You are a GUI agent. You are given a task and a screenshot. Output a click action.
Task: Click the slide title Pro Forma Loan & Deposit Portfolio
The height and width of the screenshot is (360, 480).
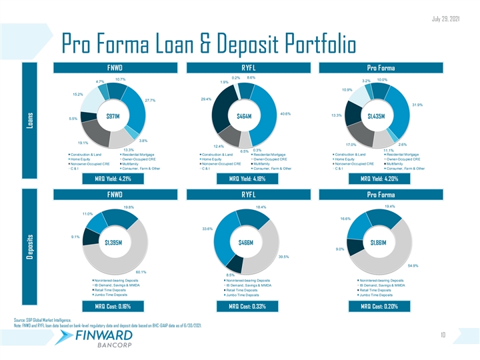click(x=207, y=43)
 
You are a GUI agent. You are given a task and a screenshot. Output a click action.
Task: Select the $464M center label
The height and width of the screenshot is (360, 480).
click(x=240, y=117)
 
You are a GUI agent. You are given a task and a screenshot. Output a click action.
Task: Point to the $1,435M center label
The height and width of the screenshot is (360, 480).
click(x=371, y=116)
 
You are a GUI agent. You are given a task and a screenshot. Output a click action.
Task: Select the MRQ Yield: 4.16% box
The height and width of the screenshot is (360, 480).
click(x=240, y=179)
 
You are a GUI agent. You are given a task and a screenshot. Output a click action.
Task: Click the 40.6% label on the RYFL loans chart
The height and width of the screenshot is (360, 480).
click(x=287, y=113)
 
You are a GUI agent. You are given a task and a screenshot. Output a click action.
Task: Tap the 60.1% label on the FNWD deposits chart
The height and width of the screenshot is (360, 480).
click(x=141, y=272)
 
